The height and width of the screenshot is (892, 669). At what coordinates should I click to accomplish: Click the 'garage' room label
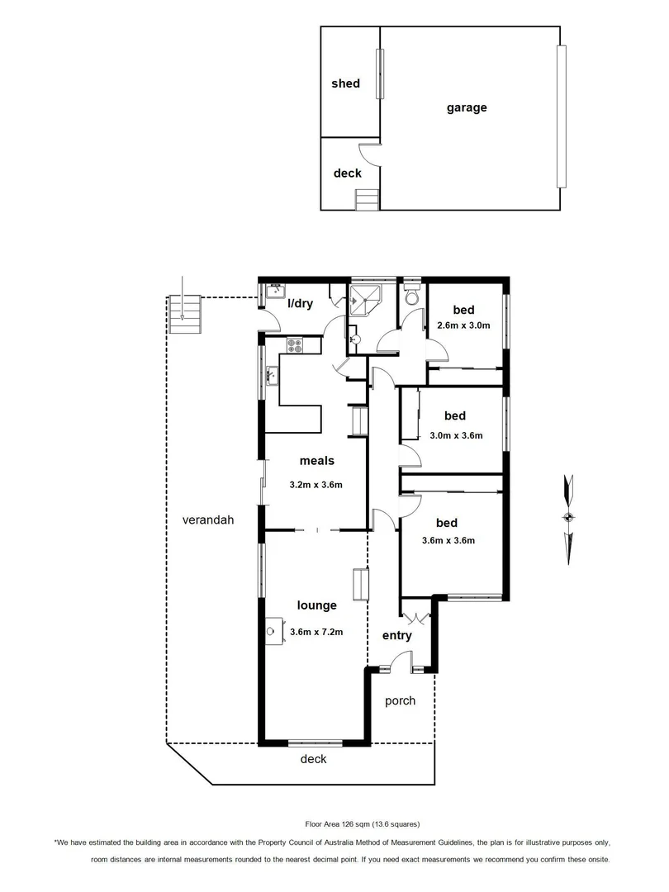coord(467,107)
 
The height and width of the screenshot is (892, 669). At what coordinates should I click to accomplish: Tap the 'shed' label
coord(345,83)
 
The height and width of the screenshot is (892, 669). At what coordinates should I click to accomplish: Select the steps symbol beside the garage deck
coord(366,199)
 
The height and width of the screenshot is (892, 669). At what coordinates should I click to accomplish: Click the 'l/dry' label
coord(300,304)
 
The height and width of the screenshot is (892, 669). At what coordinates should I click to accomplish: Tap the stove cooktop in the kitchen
coord(295,344)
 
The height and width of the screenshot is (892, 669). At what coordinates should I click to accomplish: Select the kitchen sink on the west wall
coord(272,376)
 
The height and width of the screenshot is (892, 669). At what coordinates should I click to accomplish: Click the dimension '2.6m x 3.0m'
coord(463,325)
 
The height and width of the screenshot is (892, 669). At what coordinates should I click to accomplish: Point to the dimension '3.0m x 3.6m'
coord(455,435)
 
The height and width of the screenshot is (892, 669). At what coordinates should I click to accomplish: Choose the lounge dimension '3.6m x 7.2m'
coord(316,633)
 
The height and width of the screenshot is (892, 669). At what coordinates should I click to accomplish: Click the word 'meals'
coord(316,462)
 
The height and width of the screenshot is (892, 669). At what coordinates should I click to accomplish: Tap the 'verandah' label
coord(209,520)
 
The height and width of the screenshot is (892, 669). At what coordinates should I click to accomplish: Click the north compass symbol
coord(567,518)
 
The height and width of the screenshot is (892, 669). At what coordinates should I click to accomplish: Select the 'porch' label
coord(401,701)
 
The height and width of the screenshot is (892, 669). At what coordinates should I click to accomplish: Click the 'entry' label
coord(396,636)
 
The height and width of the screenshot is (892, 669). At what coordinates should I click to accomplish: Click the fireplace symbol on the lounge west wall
coord(272,630)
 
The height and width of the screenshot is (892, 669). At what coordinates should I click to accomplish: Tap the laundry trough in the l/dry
coord(275,292)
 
